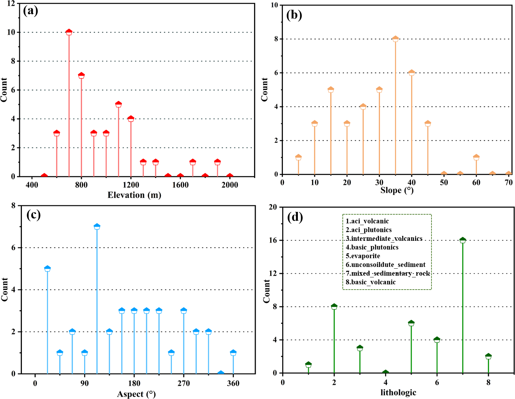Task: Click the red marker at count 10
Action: tap(69, 32)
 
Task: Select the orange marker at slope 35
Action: tap(395, 39)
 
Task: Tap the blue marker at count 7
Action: tap(97, 227)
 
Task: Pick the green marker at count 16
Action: tap(463, 240)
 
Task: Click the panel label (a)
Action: tap(31, 11)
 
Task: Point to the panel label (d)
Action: tap(295, 217)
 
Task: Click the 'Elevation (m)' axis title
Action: tap(134, 195)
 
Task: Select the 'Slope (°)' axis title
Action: tap(397, 190)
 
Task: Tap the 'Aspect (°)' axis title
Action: tap(136, 394)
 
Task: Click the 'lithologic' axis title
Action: tap(398, 393)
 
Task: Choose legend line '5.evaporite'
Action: tap(363, 256)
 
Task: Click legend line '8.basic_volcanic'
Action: tap(371, 282)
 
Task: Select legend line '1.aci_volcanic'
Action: tap(367, 221)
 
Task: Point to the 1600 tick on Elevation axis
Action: tap(180, 185)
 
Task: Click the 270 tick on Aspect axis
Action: tap(184, 384)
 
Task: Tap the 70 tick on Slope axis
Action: tap(509, 183)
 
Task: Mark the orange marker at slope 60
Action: tap(476, 158)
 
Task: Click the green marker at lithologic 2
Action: tap(334, 307)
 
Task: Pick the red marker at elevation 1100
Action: tap(118, 105)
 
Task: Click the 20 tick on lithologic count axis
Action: tap(273, 207)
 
